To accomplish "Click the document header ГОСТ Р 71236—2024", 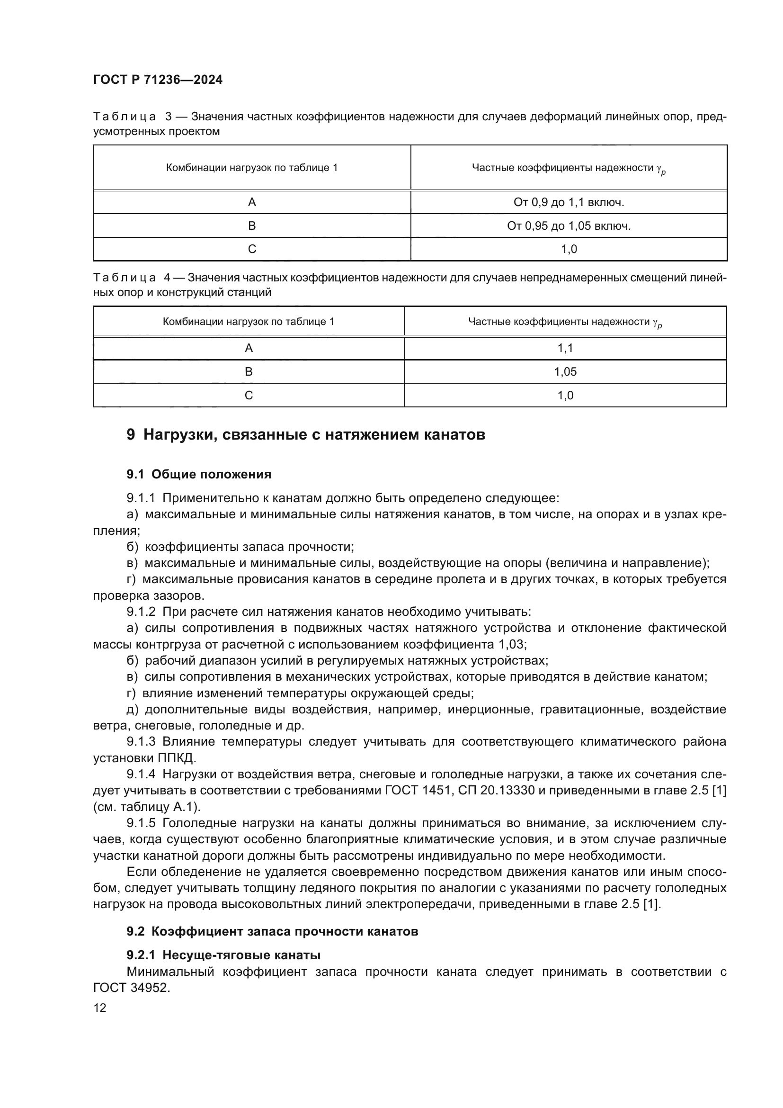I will tap(158, 80).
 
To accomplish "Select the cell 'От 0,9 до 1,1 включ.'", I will tap(569, 202).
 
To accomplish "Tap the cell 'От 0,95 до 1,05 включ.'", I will tap(569, 226).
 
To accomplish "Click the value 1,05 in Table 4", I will tap(565, 371).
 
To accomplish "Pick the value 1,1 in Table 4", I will tap(565, 348).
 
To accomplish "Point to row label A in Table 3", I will tap(252, 202).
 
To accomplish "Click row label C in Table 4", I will tap(249, 395).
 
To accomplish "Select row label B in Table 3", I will tap(252, 226).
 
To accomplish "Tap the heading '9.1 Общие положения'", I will tap(199, 474).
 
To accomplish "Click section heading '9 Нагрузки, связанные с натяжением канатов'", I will tap(306, 435).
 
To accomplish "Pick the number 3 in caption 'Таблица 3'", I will tap(168, 117).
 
